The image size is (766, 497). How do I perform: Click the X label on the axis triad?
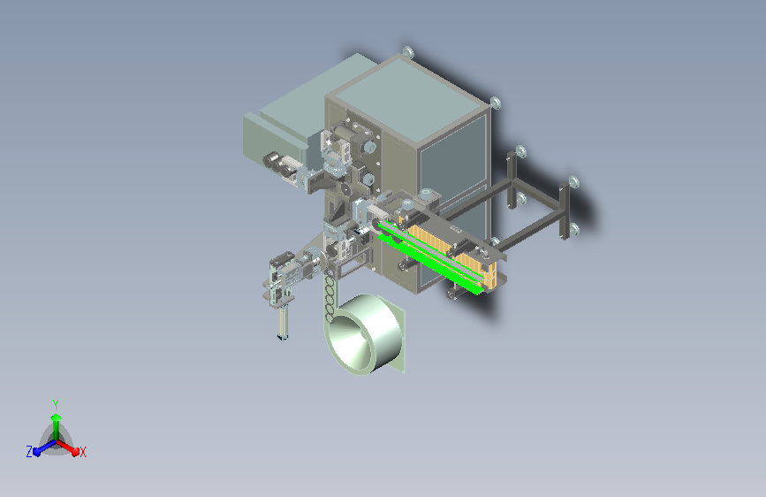[x=82, y=452]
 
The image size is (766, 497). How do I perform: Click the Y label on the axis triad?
[x=56, y=404]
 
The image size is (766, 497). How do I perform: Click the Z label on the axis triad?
[x=29, y=452]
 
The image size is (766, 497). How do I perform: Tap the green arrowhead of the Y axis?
[x=57, y=417]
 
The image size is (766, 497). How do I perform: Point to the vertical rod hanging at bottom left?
[x=283, y=321]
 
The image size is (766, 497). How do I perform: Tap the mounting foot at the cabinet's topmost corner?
[x=408, y=52]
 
